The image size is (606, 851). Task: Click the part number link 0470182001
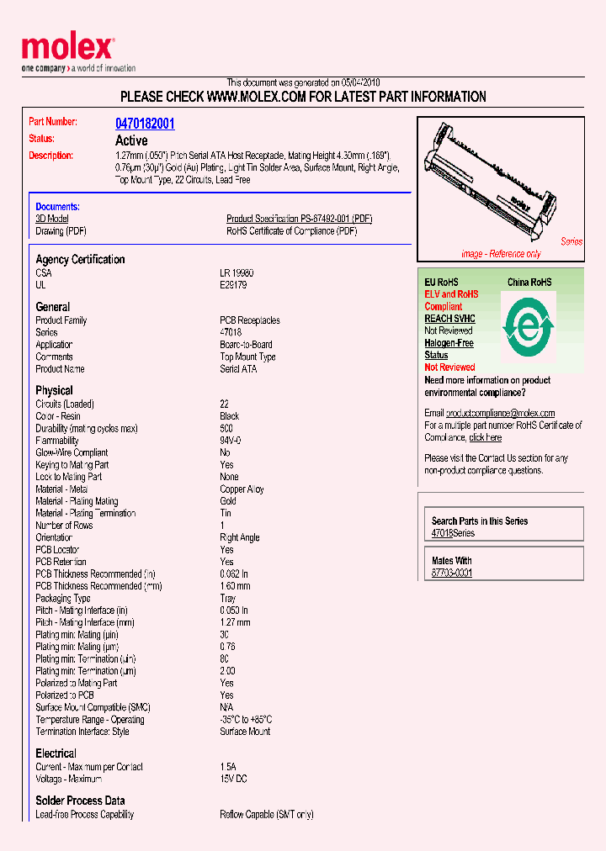click(x=145, y=124)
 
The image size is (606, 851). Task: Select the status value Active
click(x=131, y=140)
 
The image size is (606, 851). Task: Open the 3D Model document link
click(x=52, y=219)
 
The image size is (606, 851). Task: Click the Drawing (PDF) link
click(x=61, y=231)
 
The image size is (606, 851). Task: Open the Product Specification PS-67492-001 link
click(x=299, y=219)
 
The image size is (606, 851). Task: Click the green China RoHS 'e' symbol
click(x=528, y=325)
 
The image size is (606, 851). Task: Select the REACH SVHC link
click(x=449, y=319)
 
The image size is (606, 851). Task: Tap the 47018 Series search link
click(x=453, y=533)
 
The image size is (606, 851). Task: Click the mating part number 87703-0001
click(x=451, y=573)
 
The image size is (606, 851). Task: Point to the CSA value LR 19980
click(x=237, y=273)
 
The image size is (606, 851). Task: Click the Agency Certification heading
click(x=80, y=260)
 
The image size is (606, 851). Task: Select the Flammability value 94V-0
click(x=231, y=441)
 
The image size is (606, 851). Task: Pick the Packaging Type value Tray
click(x=228, y=599)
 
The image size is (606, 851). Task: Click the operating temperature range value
click(x=246, y=720)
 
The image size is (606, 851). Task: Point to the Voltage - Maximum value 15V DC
click(x=235, y=780)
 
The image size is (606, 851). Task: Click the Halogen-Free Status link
click(x=449, y=349)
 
